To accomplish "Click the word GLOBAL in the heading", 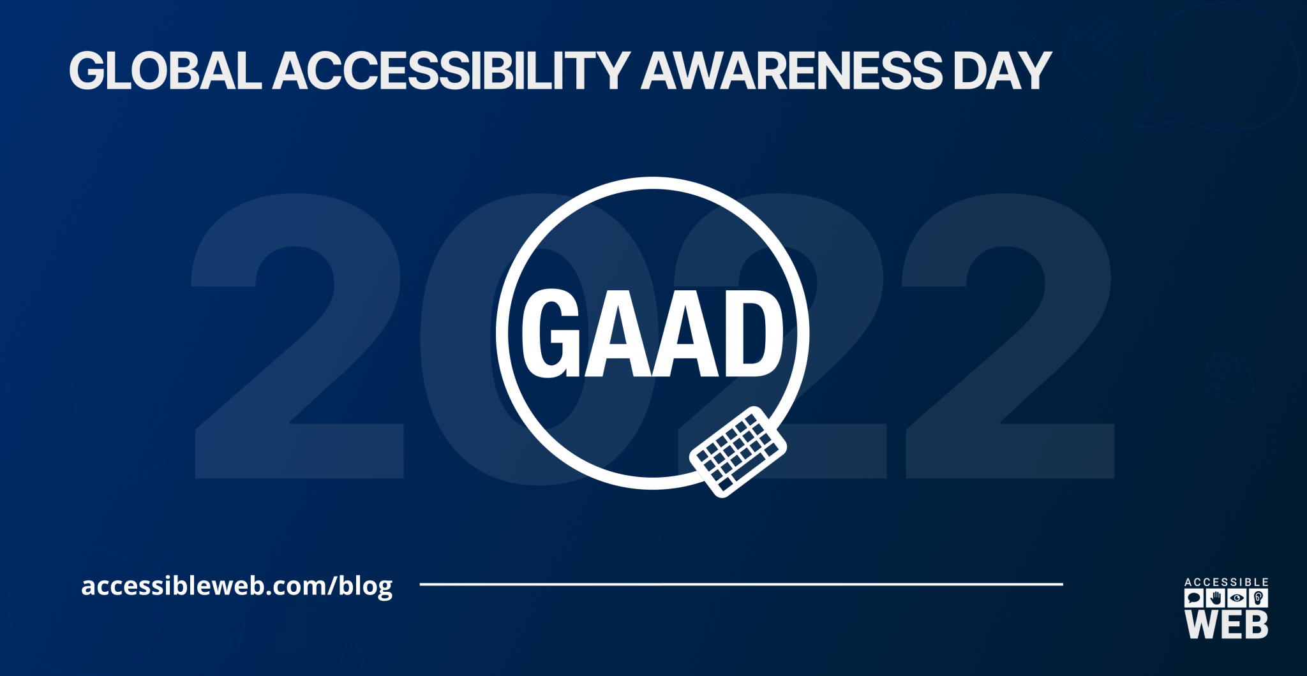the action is [165, 70].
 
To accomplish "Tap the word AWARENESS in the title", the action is [791, 70].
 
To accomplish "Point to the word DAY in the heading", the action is [1002, 70].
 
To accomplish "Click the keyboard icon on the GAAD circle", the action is [738, 452].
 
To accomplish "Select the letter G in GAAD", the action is [550, 333].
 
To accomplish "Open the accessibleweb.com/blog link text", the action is [237, 585].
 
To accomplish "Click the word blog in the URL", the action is [366, 585].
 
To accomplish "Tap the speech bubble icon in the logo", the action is [1194, 598].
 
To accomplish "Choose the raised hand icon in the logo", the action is [1216, 598].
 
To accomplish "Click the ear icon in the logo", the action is [1258, 598].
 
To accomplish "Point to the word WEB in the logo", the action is [1227, 624].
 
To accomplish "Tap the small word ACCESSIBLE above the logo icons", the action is [1227, 582].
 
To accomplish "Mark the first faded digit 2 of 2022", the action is [298, 336].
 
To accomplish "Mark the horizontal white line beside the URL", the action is [741, 584].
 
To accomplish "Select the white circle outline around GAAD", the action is [652, 183].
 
